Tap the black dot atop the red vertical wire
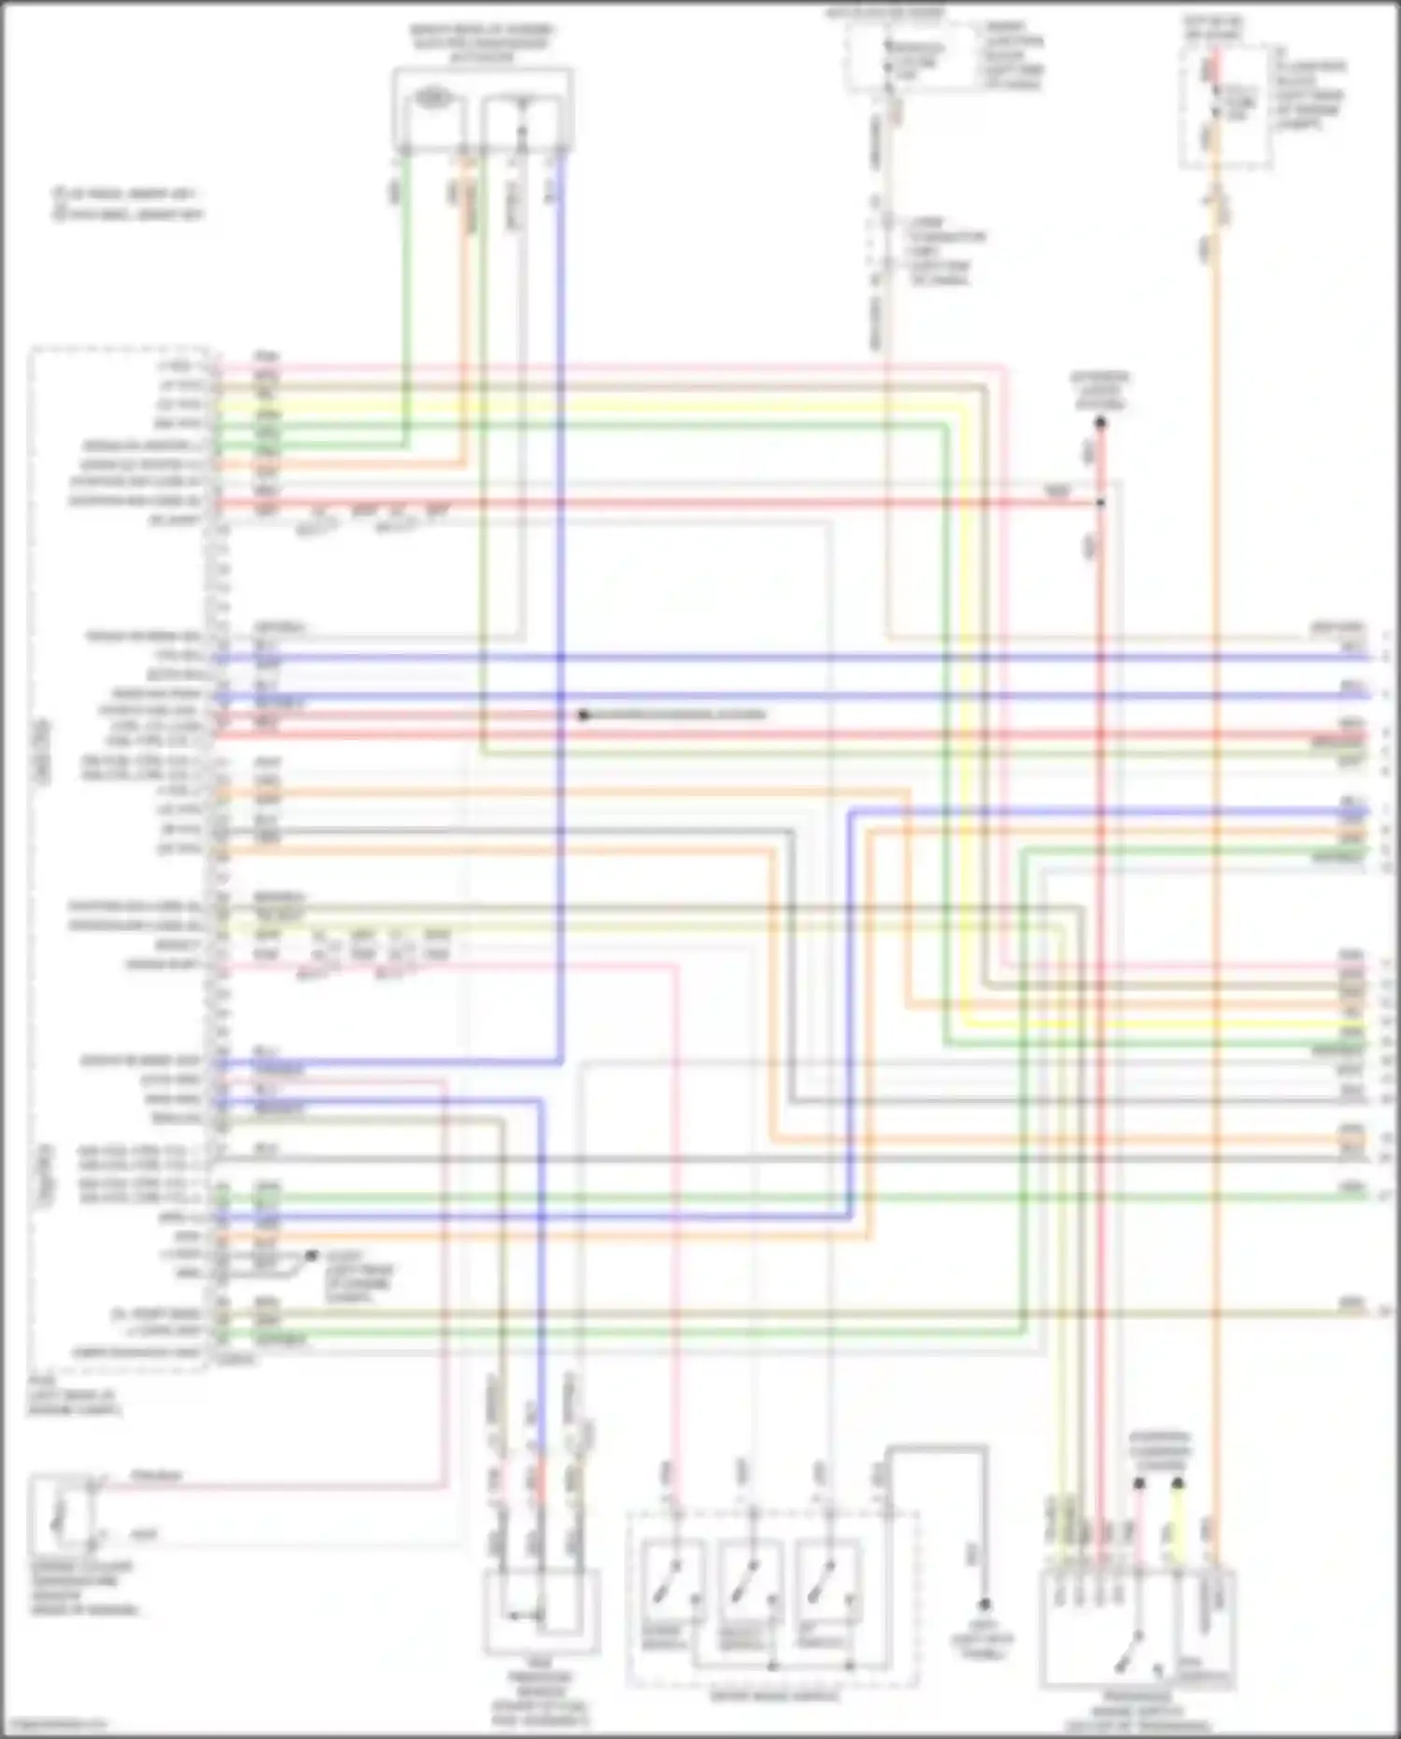(x=1100, y=423)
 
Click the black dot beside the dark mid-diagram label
(x=583, y=715)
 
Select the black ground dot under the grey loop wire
(x=984, y=1604)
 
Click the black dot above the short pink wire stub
(x=1139, y=1483)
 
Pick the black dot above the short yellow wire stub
(x=1178, y=1483)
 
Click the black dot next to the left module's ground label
(x=311, y=1256)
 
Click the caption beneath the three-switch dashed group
(x=773, y=1695)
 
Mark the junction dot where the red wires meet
(x=1100, y=503)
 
